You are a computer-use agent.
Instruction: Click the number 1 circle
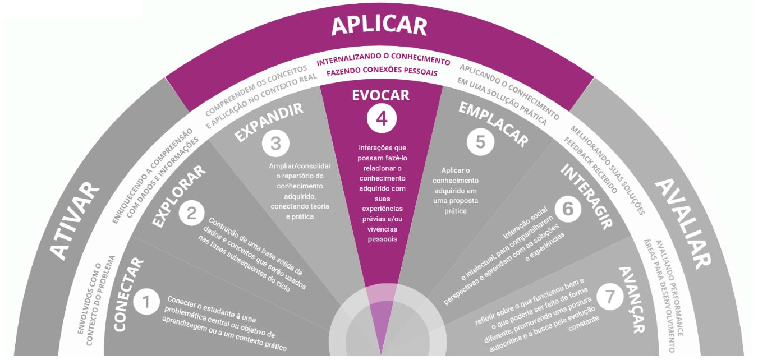(146, 303)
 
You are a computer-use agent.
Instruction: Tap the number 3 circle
(275, 144)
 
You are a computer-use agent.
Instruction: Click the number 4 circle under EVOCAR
(382, 119)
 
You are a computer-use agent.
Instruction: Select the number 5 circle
(480, 142)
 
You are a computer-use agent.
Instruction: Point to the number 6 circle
(568, 209)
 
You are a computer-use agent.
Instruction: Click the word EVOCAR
(381, 95)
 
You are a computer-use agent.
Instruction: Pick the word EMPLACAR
(493, 124)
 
